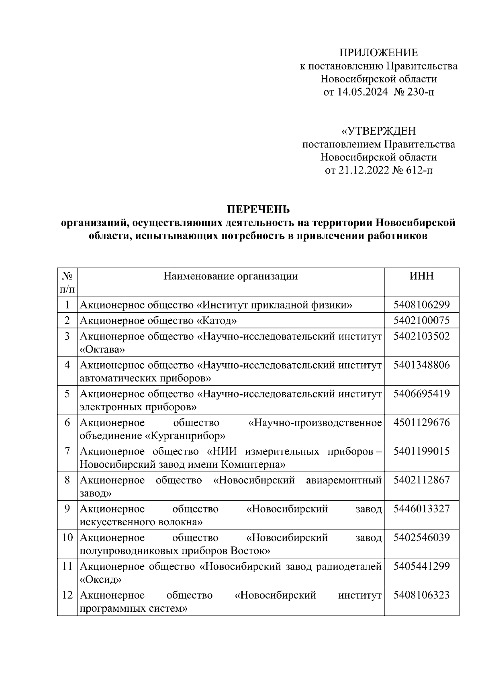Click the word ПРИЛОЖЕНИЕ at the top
[378, 53]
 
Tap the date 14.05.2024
[362, 92]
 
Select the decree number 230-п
[420, 92]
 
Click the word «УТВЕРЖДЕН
[378, 131]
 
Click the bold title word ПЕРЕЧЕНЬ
[258, 209]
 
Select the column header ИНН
[421, 276]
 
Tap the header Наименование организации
[231, 276]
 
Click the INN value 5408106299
[421, 305]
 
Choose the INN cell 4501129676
[421, 422]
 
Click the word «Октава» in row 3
[102, 349]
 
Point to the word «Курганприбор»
[185, 436]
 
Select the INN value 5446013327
[421, 509]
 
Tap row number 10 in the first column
[67, 537]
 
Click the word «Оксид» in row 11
[101, 580]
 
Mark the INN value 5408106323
[421, 595]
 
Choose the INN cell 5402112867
[421, 480]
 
